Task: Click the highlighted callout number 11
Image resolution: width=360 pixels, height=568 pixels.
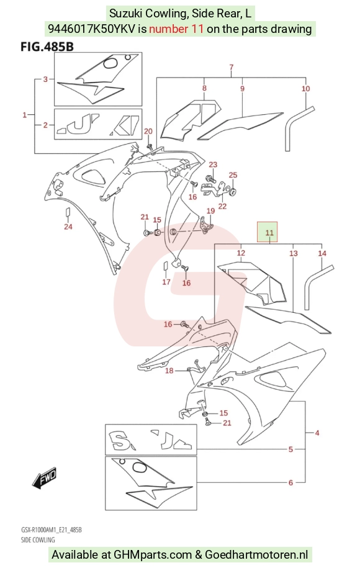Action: click(x=269, y=232)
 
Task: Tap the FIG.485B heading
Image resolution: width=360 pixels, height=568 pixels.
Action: click(x=47, y=47)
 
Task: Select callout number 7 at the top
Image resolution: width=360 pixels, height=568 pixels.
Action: click(x=232, y=67)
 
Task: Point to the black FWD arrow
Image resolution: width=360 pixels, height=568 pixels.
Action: click(x=44, y=476)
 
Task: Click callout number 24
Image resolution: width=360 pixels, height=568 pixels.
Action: click(x=68, y=227)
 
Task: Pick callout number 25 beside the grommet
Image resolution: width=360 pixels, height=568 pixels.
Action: click(x=233, y=175)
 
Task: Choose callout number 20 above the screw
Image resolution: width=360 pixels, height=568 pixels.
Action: click(x=148, y=131)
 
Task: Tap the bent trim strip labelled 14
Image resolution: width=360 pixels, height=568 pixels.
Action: click(x=317, y=285)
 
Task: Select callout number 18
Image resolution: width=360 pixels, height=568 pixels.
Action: click(x=169, y=371)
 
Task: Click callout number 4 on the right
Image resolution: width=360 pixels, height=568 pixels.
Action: click(x=317, y=433)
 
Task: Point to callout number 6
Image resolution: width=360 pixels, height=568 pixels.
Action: click(x=290, y=482)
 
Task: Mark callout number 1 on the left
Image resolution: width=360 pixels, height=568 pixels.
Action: click(x=25, y=115)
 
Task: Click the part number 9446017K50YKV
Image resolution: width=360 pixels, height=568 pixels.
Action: click(x=92, y=29)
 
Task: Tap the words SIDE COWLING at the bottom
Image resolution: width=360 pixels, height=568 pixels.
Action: click(x=38, y=539)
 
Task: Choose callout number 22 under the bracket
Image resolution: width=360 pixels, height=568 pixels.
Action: click(x=222, y=206)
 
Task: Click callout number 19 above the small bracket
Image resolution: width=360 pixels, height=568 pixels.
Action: click(x=210, y=211)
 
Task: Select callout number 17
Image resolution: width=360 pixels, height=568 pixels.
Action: click(x=166, y=282)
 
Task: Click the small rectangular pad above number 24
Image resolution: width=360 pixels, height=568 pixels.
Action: click(x=68, y=213)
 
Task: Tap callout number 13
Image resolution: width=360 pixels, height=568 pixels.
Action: click(x=294, y=253)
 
